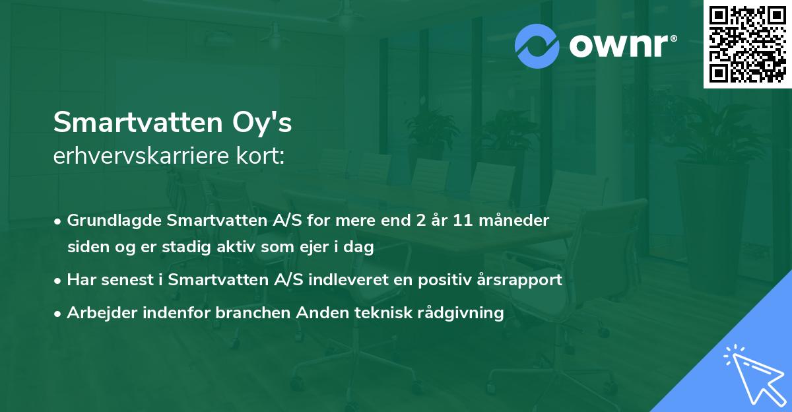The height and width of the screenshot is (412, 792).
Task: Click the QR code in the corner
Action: (x=748, y=44)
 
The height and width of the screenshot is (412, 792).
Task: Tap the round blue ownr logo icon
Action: (x=537, y=46)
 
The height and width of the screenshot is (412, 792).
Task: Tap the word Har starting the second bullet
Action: (x=81, y=279)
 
